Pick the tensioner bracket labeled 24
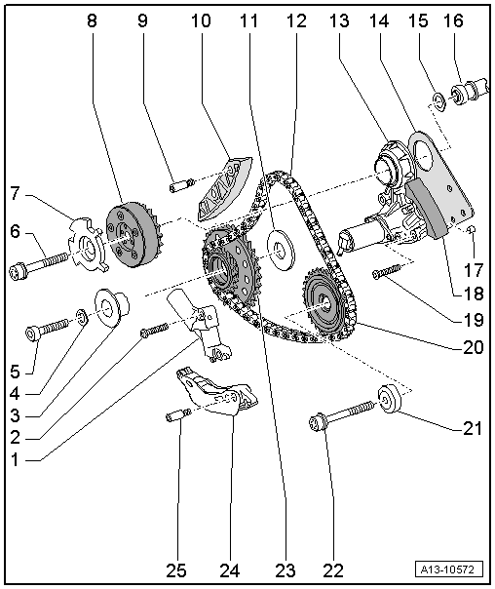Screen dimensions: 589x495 [x=218, y=394]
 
